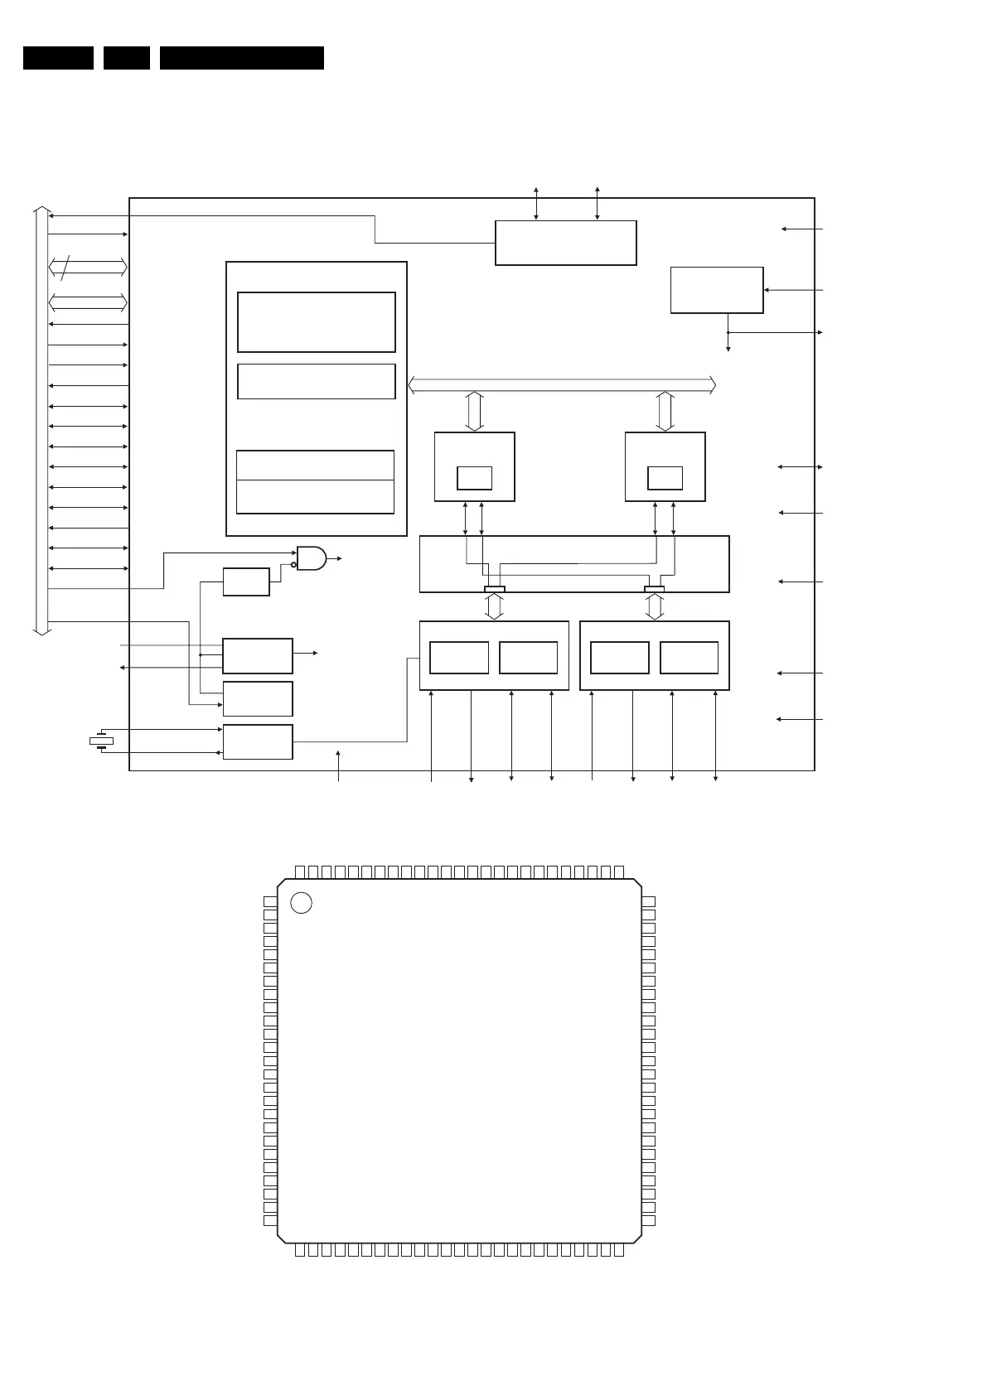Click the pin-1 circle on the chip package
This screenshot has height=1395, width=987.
[302, 903]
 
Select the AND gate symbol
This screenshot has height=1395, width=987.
[312, 558]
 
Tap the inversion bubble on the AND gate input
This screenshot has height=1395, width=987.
[293, 565]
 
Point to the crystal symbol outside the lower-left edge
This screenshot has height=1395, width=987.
[101, 741]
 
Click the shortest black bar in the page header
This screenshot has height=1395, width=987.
[127, 58]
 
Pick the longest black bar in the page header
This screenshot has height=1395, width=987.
[242, 58]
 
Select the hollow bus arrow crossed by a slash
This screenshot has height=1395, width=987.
[88, 267]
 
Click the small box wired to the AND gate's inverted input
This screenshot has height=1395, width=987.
[246, 582]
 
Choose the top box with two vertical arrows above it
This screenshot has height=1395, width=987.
[565, 243]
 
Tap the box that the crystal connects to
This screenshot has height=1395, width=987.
[258, 741]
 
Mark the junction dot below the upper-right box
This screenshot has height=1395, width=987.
[728, 332]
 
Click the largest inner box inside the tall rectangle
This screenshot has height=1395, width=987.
[316, 321]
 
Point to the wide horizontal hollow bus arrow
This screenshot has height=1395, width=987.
[563, 384]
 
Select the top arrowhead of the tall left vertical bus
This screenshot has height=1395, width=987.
[41, 210]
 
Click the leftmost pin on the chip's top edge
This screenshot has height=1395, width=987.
[300, 871]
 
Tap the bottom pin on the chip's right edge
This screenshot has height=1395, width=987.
[649, 1220]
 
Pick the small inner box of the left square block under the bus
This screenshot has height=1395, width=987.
[474, 478]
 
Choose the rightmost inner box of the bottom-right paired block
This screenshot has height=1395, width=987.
[689, 658]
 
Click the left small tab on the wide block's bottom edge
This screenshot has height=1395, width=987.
[494, 589]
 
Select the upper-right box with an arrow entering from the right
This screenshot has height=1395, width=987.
[717, 290]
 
